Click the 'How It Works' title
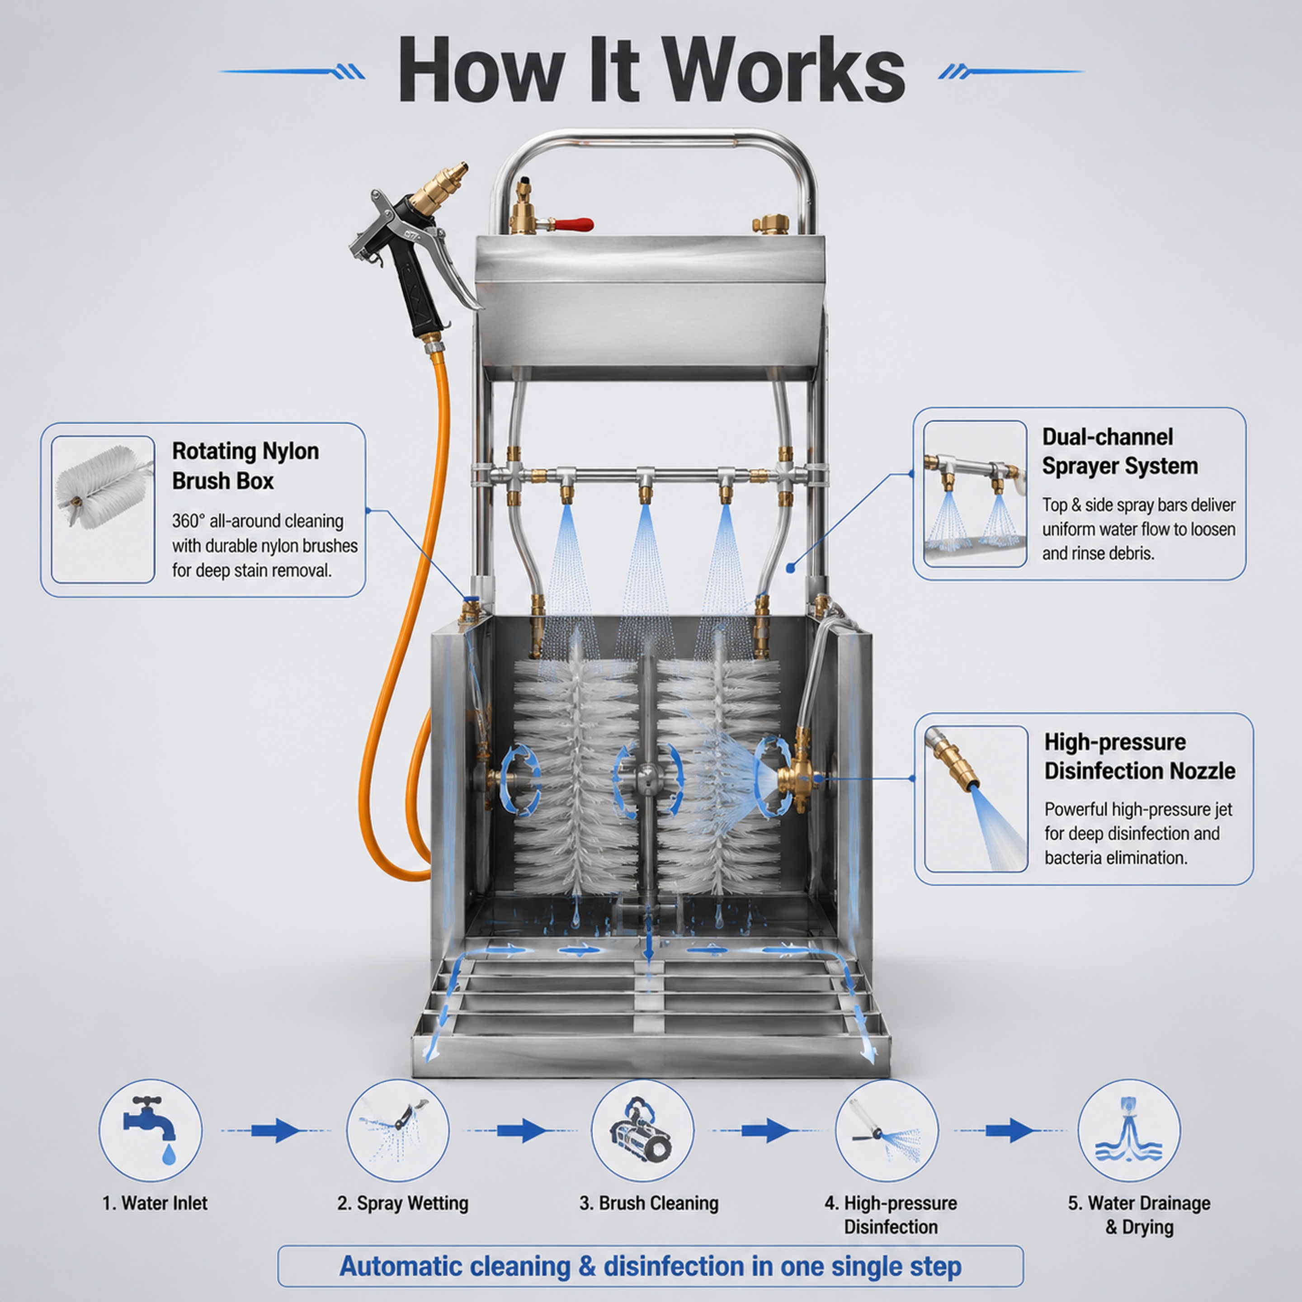[x=651, y=70]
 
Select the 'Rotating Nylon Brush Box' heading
[x=245, y=466]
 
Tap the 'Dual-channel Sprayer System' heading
[x=1120, y=451]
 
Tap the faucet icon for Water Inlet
[x=150, y=1130]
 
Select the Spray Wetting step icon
[x=398, y=1130]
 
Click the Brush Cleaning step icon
[x=642, y=1130]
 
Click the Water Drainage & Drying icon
[x=1129, y=1130]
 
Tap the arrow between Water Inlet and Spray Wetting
[x=276, y=1130]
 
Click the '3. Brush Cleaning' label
[x=649, y=1203]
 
